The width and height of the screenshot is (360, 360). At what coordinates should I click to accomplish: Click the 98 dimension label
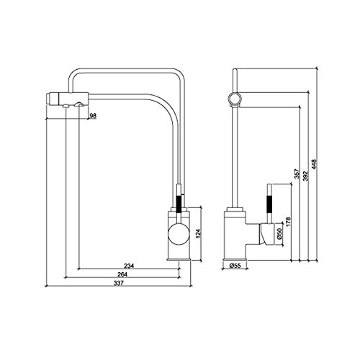click(94, 116)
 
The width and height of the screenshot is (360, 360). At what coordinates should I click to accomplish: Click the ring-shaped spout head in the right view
click(234, 99)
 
